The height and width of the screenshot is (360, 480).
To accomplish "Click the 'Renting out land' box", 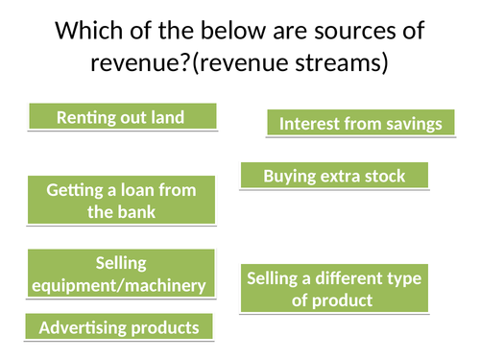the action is [x=121, y=117].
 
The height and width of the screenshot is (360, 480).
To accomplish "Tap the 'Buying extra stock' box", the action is [x=334, y=176].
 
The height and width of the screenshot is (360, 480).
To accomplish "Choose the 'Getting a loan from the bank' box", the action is [x=121, y=201].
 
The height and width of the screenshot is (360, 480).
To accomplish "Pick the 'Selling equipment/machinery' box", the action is [x=120, y=274].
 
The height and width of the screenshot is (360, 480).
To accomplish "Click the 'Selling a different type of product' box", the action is [x=335, y=289].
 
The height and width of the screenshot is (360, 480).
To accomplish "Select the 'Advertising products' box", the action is [x=119, y=327].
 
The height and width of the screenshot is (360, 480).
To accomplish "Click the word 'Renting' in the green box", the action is [x=86, y=117].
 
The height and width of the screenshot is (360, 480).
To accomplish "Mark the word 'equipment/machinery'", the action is [x=120, y=285].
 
